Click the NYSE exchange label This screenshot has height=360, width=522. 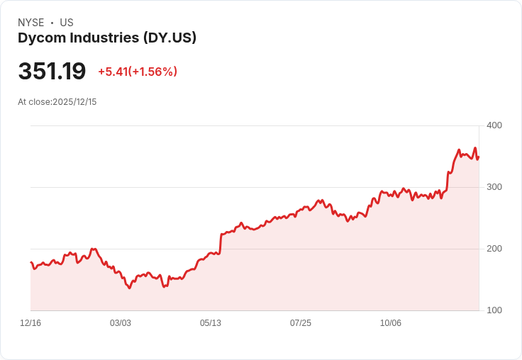point(31,23)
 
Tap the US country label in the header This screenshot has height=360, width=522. point(67,23)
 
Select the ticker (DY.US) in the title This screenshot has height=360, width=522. point(169,38)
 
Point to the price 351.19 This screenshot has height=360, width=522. point(52,72)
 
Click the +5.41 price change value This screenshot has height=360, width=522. point(113,72)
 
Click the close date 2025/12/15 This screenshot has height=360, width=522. point(74,102)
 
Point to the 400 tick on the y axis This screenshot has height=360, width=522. point(494,125)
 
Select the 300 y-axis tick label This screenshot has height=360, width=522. point(494,187)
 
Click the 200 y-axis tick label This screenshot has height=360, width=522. point(494,249)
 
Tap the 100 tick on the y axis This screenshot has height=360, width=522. point(494,310)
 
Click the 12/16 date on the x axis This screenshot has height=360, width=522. point(30,323)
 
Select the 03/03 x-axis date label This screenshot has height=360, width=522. point(121,323)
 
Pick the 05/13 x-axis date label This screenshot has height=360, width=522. point(211,323)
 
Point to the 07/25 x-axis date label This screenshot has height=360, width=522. point(301,323)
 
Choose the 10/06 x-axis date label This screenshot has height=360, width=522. point(391,323)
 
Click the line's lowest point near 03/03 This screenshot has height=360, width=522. point(130,288)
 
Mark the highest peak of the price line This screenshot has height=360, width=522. point(475,148)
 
